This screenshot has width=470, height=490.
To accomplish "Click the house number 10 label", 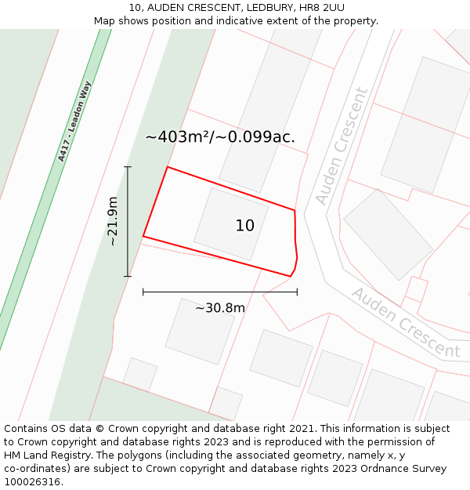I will (x=244, y=226).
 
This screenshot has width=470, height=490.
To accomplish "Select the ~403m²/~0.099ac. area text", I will (x=220, y=136).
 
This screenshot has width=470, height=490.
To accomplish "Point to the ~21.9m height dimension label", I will (x=113, y=221).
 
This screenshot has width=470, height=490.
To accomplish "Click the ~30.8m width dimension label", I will (x=220, y=308).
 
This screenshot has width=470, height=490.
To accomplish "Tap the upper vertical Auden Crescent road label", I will (x=341, y=147).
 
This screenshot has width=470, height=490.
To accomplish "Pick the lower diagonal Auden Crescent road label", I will (x=405, y=322).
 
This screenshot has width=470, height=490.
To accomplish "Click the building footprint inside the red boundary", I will (x=230, y=223).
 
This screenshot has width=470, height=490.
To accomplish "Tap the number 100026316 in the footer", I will (x=33, y=482).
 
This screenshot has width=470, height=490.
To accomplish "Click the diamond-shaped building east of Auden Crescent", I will (x=388, y=234).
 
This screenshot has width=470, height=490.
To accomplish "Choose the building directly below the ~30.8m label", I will (x=200, y=331).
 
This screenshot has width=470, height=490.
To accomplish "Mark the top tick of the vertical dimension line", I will (x=128, y=167).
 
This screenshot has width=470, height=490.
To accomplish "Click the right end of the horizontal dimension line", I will (x=297, y=292).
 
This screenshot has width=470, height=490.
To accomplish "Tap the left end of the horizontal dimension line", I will (x=143, y=292).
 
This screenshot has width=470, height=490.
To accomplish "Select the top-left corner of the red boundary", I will (x=167, y=167).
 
